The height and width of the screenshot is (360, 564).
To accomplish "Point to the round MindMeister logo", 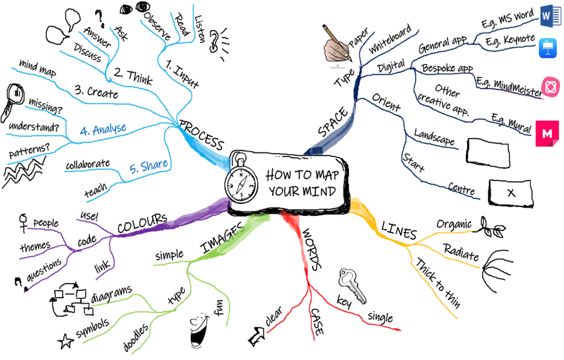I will coord(551,87).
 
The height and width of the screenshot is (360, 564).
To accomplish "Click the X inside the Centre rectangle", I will coord(511,193).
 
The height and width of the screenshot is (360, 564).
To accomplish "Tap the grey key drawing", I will coord(352,285).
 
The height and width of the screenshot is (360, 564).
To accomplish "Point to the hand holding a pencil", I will coord(339,46).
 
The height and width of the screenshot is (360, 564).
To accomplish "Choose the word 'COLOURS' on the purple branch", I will coord(142,224).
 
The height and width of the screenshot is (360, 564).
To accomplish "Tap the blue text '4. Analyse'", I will coord(103,129).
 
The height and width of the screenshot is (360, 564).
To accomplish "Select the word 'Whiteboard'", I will coord(390,39).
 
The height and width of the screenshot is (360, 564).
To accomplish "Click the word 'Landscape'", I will coord(434,137).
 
